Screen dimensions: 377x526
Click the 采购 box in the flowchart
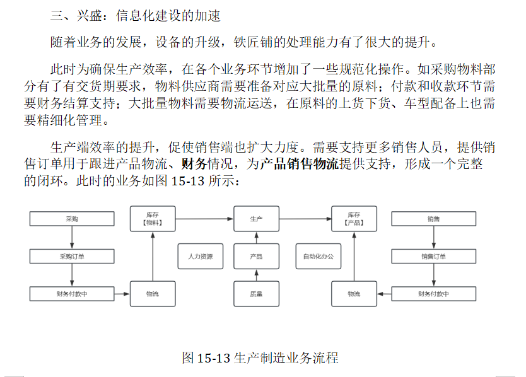[x=73, y=219]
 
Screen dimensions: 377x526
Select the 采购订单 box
[x=73, y=257]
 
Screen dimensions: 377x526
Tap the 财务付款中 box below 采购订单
[x=73, y=294]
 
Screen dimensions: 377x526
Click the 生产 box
[x=256, y=219]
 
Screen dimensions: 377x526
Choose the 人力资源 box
[x=200, y=257]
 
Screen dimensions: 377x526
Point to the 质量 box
[x=256, y=294]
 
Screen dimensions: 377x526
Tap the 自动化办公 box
[x=319, y=257]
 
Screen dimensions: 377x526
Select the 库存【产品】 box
[x=354, y=219]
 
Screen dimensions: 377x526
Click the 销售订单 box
[x=433, y=257]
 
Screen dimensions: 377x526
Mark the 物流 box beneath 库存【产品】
[x=354, y=294]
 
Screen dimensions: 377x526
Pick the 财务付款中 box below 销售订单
[x=433, y=294]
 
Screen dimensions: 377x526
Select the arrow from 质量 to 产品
[x=256, y=275]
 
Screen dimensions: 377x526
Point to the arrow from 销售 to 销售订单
[x=433, y=238]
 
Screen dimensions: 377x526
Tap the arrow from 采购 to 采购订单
[x=73, y=238]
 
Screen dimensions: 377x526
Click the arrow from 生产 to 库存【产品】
[x=305, y=219]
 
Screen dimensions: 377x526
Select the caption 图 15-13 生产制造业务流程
[x=260, y=358]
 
